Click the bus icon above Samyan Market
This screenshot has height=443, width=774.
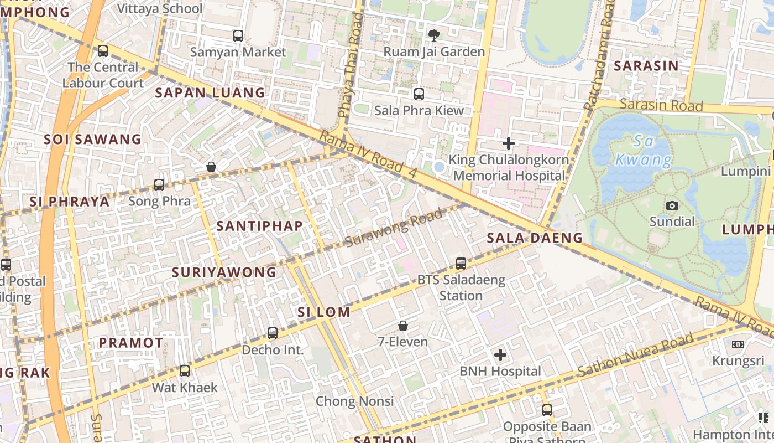click(238, 36)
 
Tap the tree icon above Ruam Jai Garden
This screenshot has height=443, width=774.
click(434, 35)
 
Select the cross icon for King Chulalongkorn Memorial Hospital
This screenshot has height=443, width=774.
click(508, 143)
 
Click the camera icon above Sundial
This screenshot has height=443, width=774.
click(672, 206)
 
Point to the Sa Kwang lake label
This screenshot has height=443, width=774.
click(644, 151)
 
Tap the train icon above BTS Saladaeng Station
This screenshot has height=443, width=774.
click(461, 264)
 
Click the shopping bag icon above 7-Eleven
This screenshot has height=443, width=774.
click(403, 326)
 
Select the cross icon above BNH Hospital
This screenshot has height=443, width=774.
click(500, 355)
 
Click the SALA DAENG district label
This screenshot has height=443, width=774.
click(535, 238)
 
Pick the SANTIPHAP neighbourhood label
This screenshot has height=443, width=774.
click(260, 226)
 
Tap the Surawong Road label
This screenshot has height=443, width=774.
click(394, 228)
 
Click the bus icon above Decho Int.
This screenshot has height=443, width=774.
click(273, 333)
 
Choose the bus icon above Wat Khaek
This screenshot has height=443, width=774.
click(185, 371)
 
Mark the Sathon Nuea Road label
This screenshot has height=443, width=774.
click(636, 355)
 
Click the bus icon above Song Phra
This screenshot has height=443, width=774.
click(159, 185)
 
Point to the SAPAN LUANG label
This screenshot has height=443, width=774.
click(210, 93)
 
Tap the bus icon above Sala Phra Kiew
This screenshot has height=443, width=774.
click(419, 94)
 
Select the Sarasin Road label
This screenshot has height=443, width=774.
click(661, 105)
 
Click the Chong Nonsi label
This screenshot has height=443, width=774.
click(354, 401)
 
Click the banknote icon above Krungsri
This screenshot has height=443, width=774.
click(738, 344)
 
